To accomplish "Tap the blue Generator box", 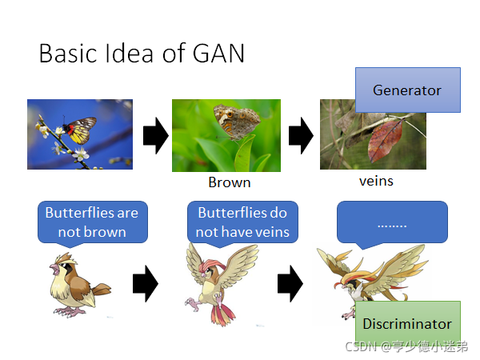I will tap(407, 90).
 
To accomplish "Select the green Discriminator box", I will tap(407, 324).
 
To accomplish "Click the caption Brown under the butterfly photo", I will tap(230, 182).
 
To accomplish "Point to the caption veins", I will tap(376, 181).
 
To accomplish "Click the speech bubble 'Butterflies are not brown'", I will tap(92, 222).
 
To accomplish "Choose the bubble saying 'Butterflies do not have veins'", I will tap(242, 222).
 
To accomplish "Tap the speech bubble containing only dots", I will tap(391, 222).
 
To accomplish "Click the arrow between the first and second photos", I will tap(155, 137).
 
